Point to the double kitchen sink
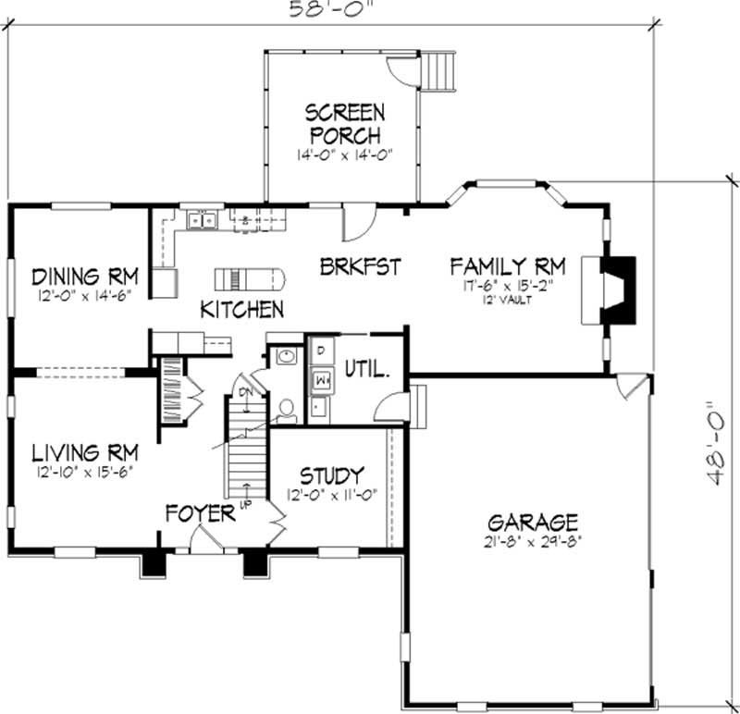pos(201,220)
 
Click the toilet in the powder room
pos(287,407)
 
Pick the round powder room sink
pos(286,357)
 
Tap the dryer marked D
pos(320,351)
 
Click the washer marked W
pos(322,377)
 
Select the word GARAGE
pos(535,521)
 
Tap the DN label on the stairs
pos(245,392)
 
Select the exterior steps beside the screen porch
pos(441,71)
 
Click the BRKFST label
pos(361,267)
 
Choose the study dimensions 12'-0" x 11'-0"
pos(330,495)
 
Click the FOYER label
pos(200,512)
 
